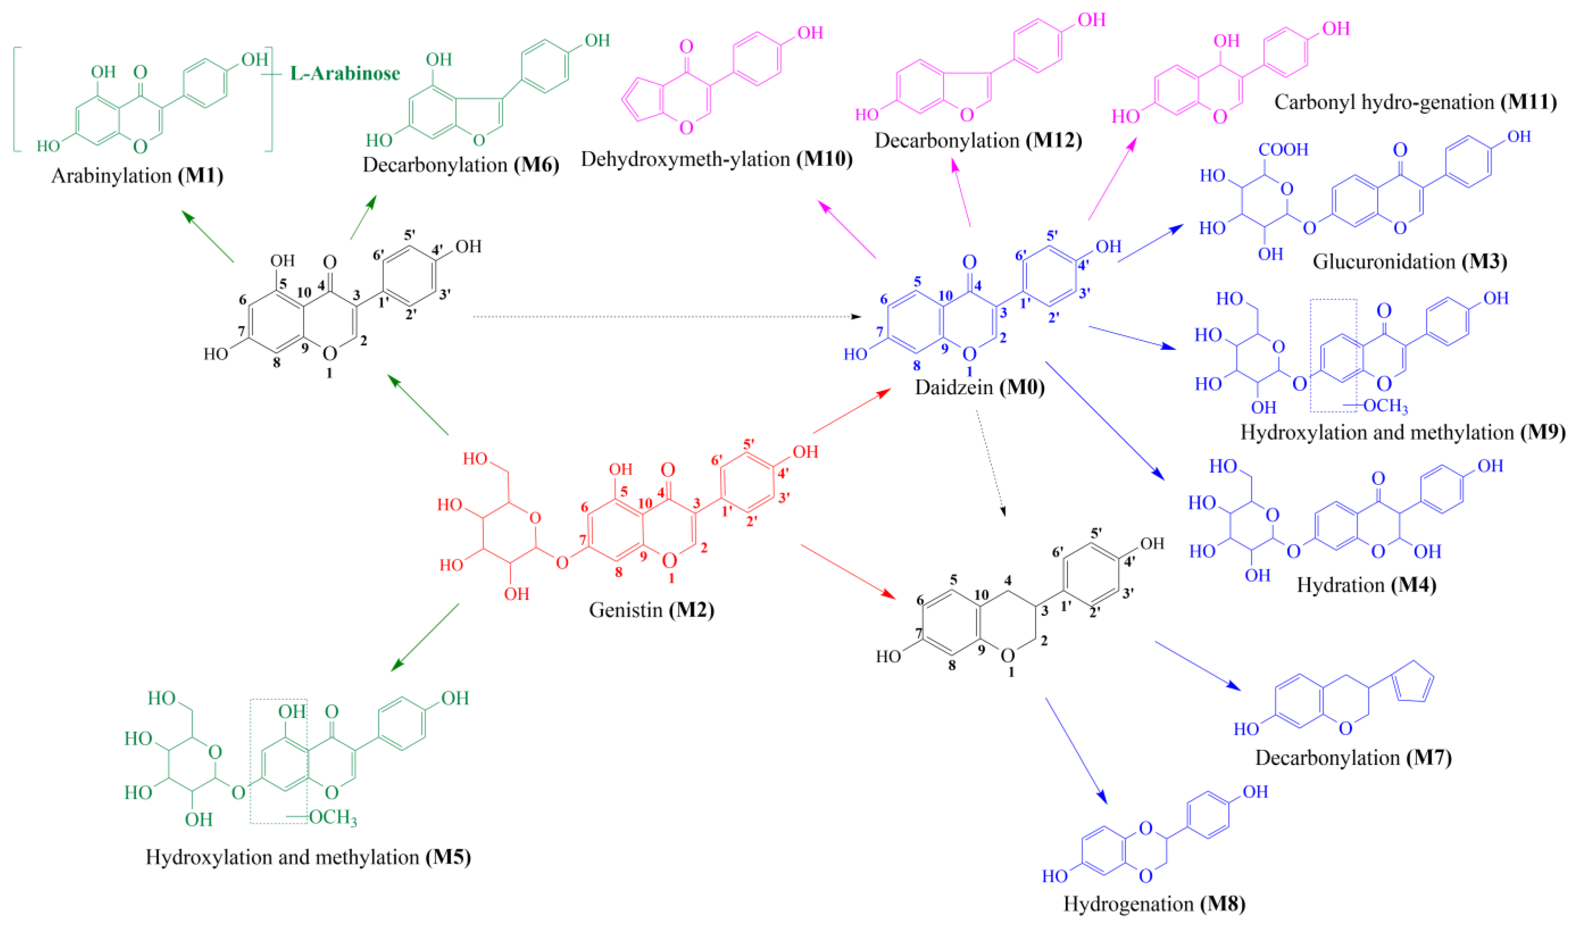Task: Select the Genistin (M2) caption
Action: click(x=651, y=609)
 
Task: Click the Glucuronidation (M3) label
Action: click(x=1409, y=261)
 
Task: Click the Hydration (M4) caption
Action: click(x=1366, y=585)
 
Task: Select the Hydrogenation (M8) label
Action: click(x=1154, y=903)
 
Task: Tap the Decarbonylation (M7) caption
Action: click(x=1353, y=758)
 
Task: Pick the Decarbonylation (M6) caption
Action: click(x=461, y=165)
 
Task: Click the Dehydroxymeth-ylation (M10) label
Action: click(x=717, y=159)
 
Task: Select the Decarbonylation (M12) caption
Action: click(x=978, y=140)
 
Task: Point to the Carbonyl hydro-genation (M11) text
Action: click(x=1415, y=102)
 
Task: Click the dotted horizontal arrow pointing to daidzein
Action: click(x=666, y=317)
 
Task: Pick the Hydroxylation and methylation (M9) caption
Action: click(x=1402, y=432)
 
